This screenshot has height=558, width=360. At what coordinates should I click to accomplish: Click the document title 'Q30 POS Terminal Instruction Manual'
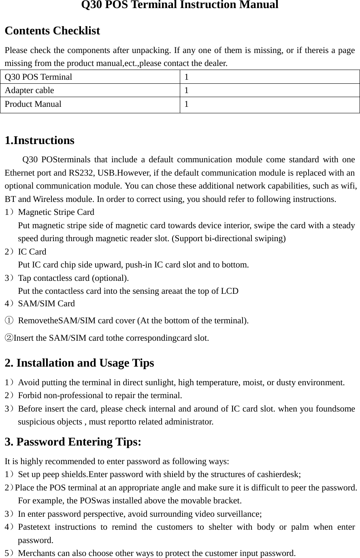click(180, 5)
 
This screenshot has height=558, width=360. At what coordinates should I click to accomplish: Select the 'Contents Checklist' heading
click(52, 31)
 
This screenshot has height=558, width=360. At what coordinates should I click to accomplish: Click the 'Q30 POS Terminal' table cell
click(38, 77)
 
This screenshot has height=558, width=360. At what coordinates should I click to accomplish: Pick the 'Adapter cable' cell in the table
click(29, 90)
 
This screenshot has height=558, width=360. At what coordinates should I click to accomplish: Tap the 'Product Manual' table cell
click(33, 104)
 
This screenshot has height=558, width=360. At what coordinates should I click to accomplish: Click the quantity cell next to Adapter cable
click(186, 90)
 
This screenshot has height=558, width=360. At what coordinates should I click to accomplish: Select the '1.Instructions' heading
click(39, 141)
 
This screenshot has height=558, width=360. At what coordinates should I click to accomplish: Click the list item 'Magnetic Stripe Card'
click(56, 212)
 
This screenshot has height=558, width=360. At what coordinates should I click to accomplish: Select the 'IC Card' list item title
click(32, 252)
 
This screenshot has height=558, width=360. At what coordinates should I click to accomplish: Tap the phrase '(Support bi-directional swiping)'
click(229, 238)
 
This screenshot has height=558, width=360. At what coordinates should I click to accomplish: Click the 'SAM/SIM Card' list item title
click(46, 303)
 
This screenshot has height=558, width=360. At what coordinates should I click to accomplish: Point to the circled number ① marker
click(9, 321)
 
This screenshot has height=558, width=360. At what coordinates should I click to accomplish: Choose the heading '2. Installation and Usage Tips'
click(79, 363)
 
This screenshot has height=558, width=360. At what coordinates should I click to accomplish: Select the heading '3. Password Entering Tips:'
click(73, 441)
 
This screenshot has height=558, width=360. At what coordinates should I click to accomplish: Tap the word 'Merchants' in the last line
click(36, 553)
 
